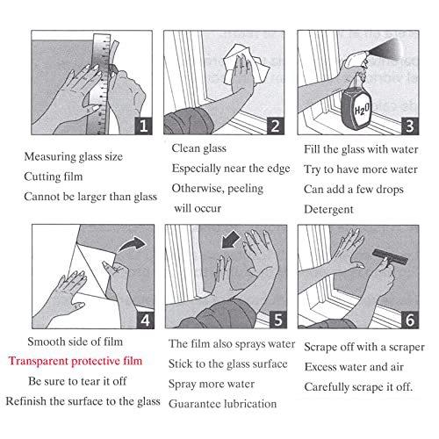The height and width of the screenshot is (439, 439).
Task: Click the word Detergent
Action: [328, 209]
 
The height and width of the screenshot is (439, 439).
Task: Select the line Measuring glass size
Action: [74, 157]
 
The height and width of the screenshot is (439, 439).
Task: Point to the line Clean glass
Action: [198, 149]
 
